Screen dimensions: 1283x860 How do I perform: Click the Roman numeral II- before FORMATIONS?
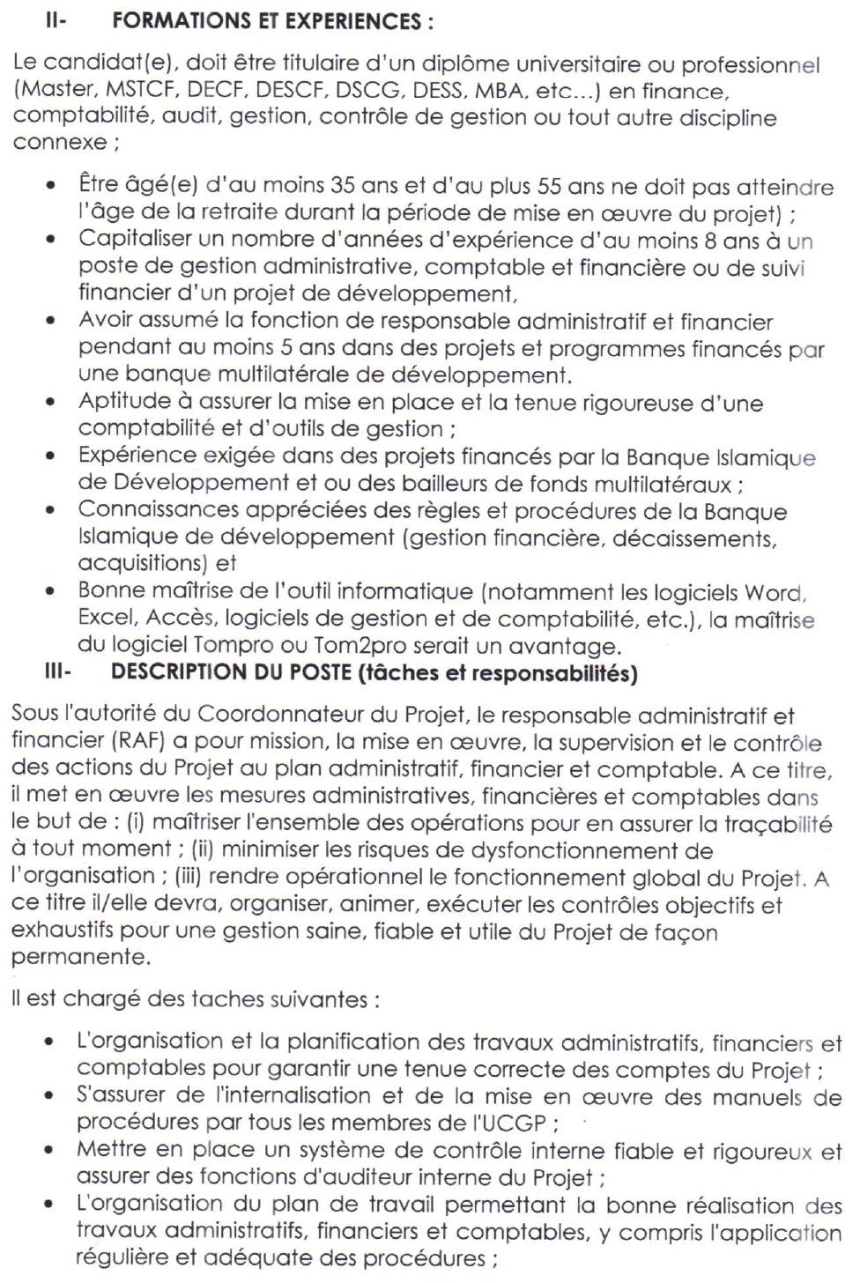click(56, 22)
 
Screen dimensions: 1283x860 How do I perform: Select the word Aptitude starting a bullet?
click(122, 402)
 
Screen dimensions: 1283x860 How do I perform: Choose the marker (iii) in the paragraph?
click(188, 877)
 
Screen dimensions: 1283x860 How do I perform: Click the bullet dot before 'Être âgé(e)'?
click(53, 187)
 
